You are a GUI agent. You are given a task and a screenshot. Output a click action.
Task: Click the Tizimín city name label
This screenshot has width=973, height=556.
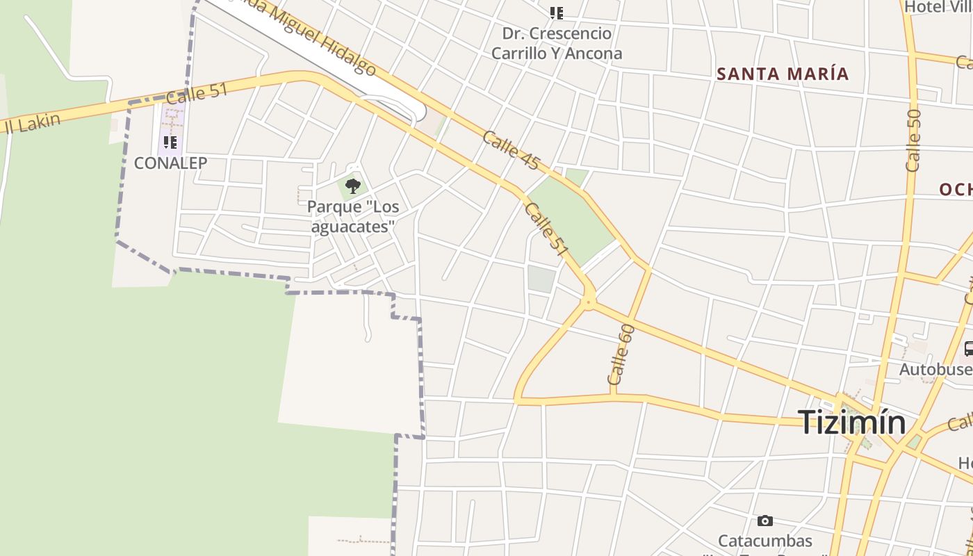pos(851,422)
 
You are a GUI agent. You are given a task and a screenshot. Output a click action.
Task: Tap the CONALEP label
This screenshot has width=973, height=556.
pos(170,163)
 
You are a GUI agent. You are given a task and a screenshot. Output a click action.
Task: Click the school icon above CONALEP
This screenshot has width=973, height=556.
pos(170,143)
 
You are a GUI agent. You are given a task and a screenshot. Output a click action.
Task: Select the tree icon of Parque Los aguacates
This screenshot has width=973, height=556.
pos(353,186)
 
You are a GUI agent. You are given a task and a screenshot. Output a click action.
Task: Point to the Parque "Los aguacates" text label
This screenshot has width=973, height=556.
pos(353,217)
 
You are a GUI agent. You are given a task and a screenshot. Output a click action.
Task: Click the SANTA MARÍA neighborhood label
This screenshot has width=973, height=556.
pos(783,74)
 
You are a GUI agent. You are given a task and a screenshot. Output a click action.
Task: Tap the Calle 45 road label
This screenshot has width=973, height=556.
pos(511,149)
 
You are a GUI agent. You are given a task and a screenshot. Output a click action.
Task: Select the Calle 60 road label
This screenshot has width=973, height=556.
pos(621,354)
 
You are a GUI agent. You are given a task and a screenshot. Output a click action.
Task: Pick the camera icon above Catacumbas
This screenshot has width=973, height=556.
pos(764,521)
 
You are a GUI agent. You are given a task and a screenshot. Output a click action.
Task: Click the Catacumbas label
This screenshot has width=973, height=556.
pos(764,541)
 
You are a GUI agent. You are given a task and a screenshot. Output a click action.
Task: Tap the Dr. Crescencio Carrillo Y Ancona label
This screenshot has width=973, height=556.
pos(557,43)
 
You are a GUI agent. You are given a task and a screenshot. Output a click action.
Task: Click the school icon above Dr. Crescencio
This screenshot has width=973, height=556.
pos(556,13)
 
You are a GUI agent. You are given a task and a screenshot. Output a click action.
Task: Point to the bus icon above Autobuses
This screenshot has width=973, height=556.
pos(969,349)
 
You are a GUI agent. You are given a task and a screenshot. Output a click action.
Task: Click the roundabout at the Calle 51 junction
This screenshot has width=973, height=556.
pos(589,301)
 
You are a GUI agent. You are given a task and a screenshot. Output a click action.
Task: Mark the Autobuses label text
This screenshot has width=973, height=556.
pos(935,369)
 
